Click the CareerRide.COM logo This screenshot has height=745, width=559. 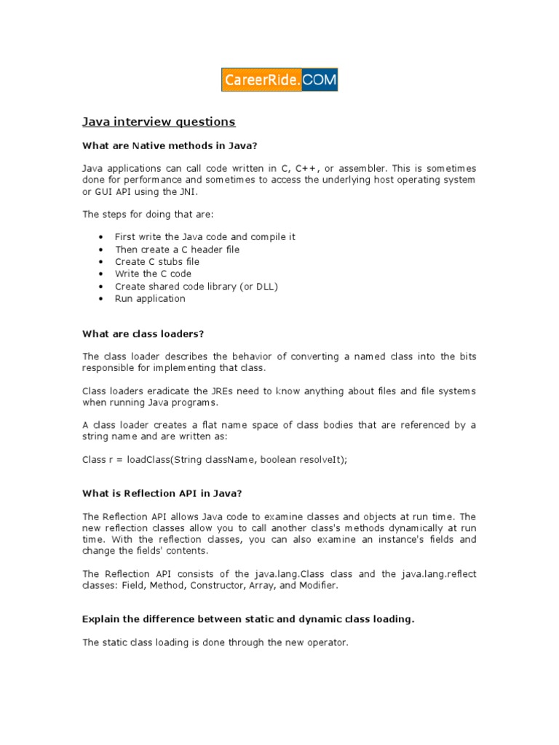279,80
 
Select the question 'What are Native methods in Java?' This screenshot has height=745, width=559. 170,146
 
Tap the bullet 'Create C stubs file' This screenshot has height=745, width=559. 156,261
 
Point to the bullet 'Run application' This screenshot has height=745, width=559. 150,298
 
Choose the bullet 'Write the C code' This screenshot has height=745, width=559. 153,274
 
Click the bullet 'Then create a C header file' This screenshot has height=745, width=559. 177,249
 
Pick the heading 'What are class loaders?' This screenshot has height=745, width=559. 143,333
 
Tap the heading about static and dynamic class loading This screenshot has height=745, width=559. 248,619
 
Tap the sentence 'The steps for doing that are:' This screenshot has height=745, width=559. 148,214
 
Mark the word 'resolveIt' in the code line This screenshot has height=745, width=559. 318,460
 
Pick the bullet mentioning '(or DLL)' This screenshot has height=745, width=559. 197,286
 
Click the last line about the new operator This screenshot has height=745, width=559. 216,642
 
